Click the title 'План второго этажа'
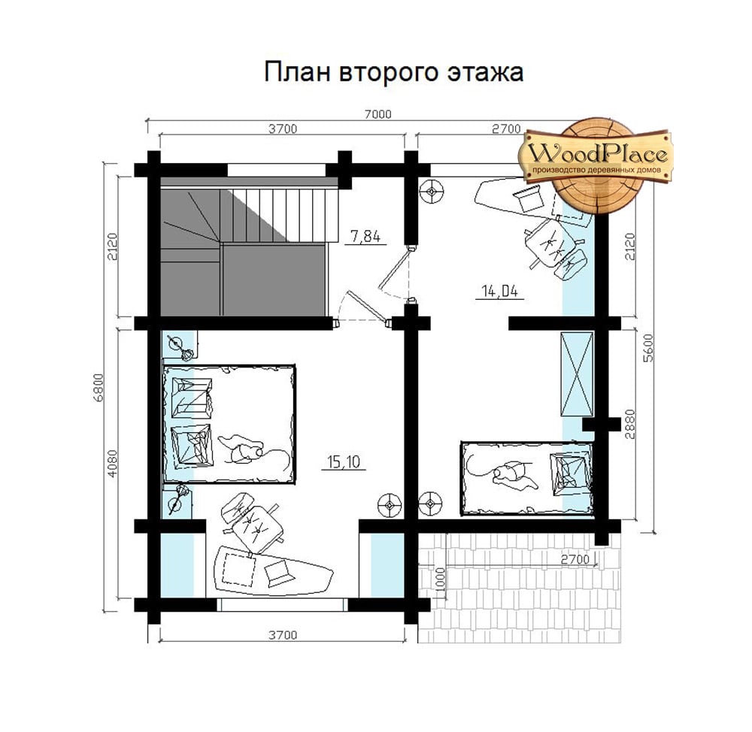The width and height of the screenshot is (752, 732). click(393, 72)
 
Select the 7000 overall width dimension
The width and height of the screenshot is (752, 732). click(378, 114)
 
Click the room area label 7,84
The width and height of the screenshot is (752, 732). click(365, 236)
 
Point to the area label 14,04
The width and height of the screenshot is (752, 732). click(500, 291)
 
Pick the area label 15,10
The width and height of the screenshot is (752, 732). click(344, 461)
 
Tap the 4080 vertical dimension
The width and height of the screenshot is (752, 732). click(112, 463)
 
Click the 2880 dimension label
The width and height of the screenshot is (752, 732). click(630, 424)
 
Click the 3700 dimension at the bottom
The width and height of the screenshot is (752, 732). click(283, 635)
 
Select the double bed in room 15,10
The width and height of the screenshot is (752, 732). click(229, 424)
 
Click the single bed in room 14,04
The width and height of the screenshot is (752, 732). click(526, 479)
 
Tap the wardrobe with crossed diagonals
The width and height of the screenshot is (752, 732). click(577, 374)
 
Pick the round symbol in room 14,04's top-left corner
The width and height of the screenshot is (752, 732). click(431, 192)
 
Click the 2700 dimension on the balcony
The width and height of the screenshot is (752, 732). click(575, 559)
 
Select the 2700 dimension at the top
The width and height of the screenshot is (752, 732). click(506, 129)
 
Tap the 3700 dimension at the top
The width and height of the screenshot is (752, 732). click(283, 129)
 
